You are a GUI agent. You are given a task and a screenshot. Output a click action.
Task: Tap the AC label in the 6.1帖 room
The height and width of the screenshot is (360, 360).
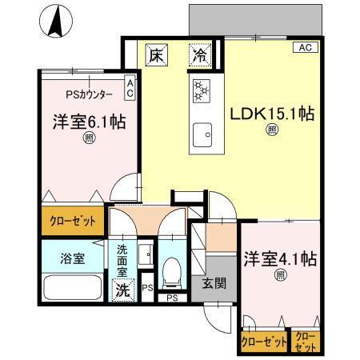click(130, 86)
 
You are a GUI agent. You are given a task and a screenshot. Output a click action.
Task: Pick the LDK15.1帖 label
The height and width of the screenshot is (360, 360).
click(271, 114)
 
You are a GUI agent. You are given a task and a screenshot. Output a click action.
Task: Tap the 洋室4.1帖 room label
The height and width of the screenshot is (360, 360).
click(281, 259)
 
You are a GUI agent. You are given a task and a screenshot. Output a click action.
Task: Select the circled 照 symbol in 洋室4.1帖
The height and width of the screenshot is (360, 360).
click(281, 277)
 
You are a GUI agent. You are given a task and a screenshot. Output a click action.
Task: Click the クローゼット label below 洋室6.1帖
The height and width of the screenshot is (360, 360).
click(73, 220)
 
